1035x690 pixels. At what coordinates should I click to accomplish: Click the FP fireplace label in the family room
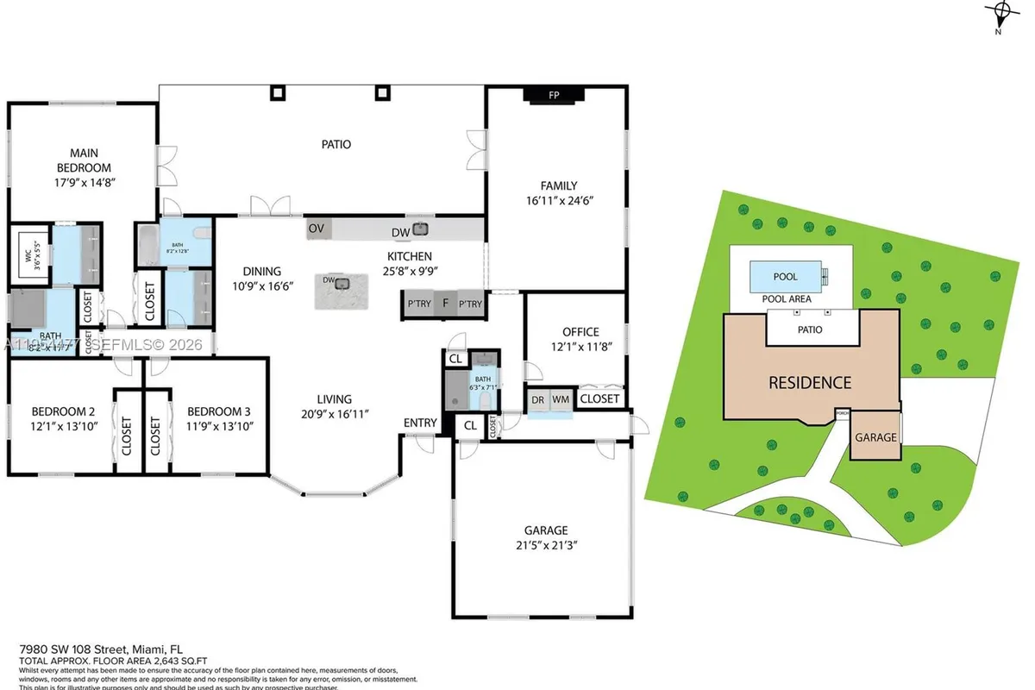tap(555, 95)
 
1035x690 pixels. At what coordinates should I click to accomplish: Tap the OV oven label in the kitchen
tap(317, 229)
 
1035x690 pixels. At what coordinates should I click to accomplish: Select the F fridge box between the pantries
tap(446, 304)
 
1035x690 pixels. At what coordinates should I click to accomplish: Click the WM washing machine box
tap(561, 399)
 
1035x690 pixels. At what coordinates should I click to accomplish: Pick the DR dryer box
tap(538, 399)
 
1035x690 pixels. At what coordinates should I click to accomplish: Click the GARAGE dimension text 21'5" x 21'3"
tap(546, 544)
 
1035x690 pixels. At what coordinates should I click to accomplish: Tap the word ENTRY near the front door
tap(420, 422)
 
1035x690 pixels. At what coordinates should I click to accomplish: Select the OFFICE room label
tap(580, 332)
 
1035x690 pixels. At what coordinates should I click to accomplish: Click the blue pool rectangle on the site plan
tap(785, 277)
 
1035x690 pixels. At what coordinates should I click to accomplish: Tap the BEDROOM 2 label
tap(63, 411)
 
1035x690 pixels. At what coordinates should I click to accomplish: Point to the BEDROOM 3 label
tap(219, 411)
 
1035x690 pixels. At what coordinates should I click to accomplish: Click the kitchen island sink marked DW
tap(342, 283)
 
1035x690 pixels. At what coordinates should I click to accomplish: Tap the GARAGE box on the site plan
tap(875, 437)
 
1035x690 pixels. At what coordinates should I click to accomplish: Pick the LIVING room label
tap(334, 399)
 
